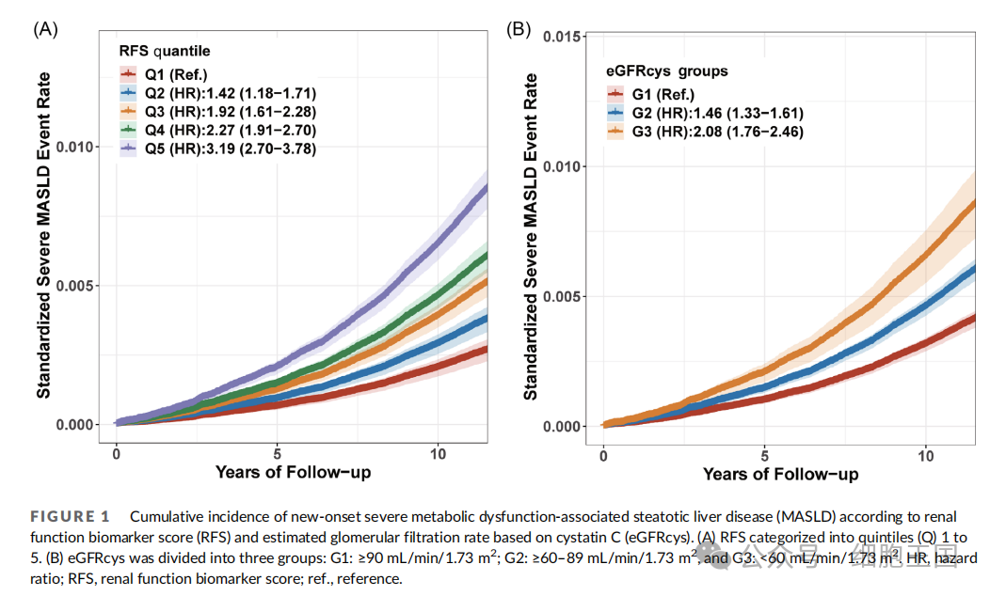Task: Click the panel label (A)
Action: (45, 28)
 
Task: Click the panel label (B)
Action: (519, 28)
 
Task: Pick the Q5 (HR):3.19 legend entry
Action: (230, 149)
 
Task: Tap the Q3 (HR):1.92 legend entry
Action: (230, 112)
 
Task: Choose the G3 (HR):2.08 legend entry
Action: (716, 132)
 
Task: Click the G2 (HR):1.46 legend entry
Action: (716, 113)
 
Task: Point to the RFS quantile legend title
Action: (164, 50)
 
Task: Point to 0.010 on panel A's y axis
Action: (74, 147)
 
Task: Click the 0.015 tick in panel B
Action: (561, 37)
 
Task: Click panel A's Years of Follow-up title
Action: (293, 471)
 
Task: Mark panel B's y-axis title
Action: (532, 236)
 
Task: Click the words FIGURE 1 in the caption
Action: (71, 516)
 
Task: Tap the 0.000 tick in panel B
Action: (561, 426)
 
